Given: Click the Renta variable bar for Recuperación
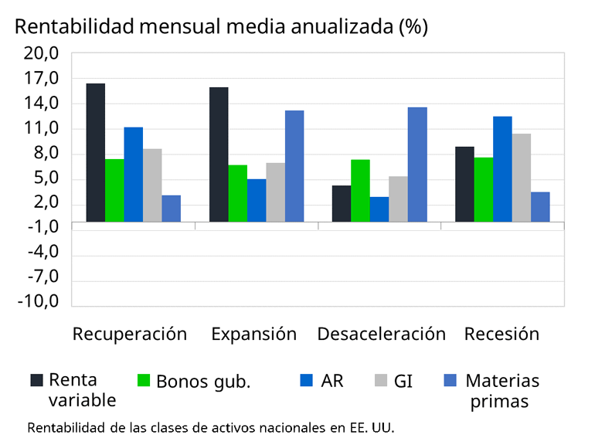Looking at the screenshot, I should coord(95,152).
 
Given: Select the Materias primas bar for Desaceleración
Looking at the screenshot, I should coord(417,165).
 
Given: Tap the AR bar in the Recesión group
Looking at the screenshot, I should coord(502,169).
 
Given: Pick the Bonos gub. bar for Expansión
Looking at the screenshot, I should coord(237,193).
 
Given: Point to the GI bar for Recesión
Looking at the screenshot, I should coord(522,178).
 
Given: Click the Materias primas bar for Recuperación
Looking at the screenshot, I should coord(171,209).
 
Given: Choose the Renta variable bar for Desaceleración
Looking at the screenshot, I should coord(341,203).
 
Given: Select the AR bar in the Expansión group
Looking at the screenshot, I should coord(257,200).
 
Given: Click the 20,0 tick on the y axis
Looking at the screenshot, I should coord(43,53).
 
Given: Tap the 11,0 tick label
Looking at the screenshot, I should coord(43,128).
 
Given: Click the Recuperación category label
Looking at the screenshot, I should coord(130,334).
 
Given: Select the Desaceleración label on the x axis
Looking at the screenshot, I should coord(381,334).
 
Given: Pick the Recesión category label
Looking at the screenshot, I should coord(501,334).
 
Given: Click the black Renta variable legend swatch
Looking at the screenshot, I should coord(36,380).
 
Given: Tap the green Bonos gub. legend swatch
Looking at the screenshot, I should coord(143,380).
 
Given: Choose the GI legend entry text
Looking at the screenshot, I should coord(403,381).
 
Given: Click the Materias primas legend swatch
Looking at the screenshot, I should coord(451,380).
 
